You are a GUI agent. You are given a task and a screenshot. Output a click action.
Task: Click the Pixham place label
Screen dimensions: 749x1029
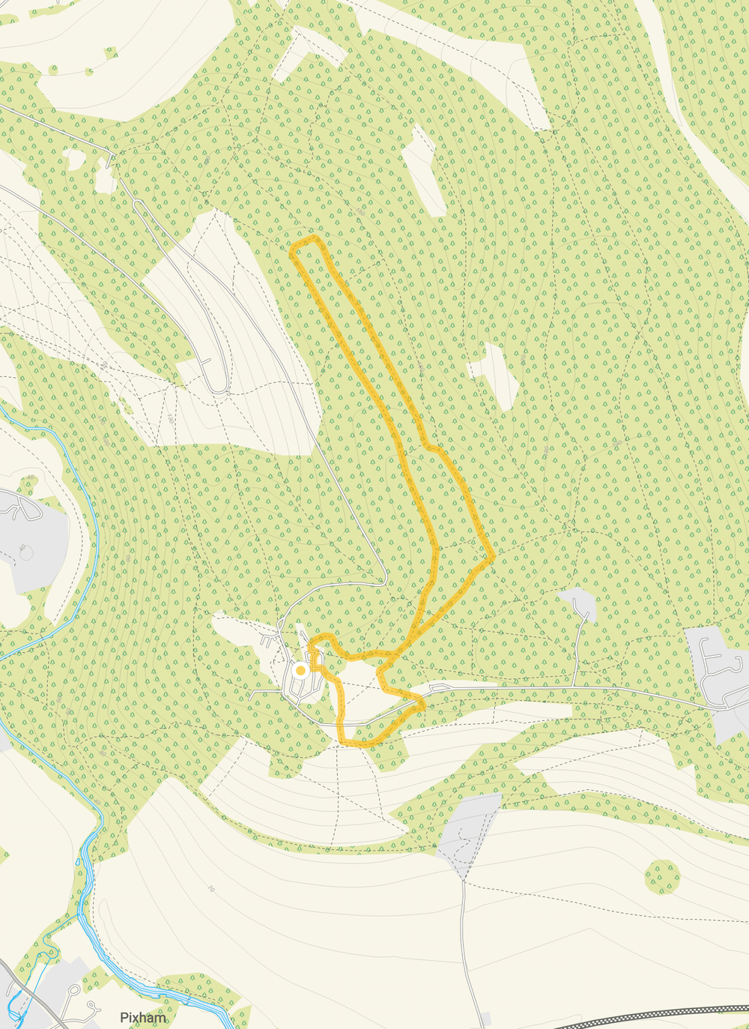[143, 1018]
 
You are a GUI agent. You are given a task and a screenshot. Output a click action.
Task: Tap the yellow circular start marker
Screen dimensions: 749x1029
[300, 671]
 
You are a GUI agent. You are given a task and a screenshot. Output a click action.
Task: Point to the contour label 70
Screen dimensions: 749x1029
[211, 890]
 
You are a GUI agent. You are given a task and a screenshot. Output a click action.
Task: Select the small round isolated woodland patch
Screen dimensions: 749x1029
[663, 876]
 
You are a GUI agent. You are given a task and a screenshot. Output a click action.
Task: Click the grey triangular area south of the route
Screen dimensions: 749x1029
[468, 832]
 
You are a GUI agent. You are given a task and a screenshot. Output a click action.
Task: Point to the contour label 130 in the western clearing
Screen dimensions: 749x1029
[171, 420]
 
